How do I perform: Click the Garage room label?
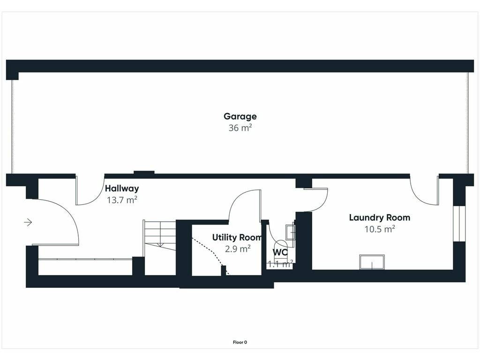240,116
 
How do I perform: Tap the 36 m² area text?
240,127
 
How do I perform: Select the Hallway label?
122,188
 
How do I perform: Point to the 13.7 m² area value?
122,200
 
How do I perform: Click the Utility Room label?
237,237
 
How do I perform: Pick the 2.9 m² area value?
238,248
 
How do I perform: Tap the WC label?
280,253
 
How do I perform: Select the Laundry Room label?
380,217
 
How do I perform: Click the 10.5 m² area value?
380,229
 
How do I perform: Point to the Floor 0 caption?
240,342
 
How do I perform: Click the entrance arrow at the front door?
28,222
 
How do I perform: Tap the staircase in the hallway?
159,239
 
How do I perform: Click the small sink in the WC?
290,232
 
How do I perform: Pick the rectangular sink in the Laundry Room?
372,262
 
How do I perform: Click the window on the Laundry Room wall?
459,224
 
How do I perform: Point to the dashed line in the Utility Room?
211,254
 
